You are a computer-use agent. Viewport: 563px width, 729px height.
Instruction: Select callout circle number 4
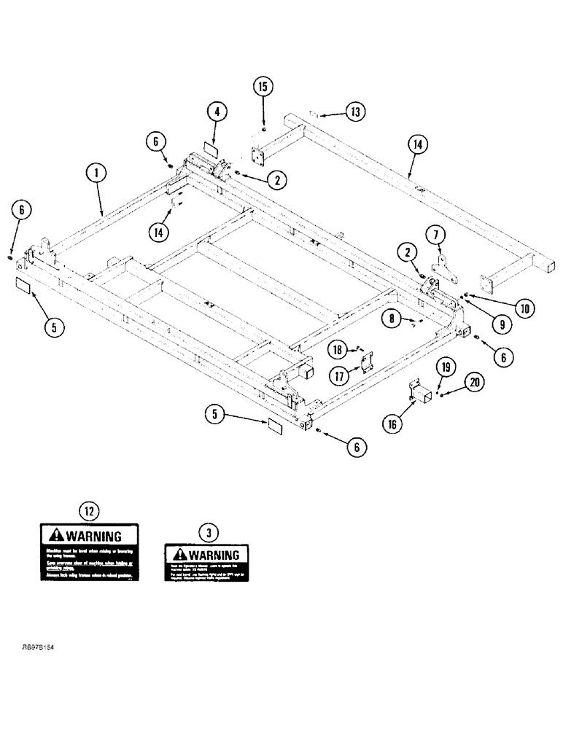pos(216,112)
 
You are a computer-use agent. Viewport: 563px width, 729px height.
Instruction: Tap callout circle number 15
pos(263,86)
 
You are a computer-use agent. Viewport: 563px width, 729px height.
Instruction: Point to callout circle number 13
pos(355,112)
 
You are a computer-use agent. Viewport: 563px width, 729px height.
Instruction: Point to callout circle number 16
pos(392,421)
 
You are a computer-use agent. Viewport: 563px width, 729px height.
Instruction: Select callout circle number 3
pos(209,533)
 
